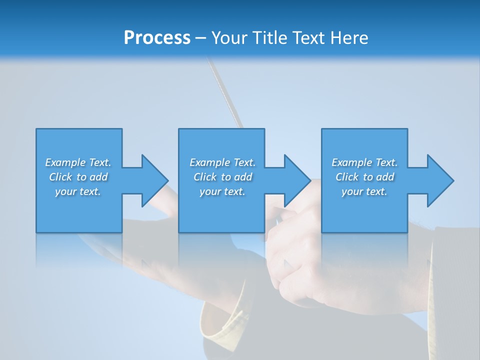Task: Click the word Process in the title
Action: click(157, 38)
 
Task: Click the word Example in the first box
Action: click(65, 162)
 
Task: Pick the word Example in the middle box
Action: click(210, 162)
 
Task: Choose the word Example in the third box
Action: click(352, 162)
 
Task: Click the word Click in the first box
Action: click(60, 177)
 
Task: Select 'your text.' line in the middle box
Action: click(222, 191)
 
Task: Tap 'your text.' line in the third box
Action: click(364, 191)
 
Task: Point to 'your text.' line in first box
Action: click(78, 191)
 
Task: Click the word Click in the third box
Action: click(347, 177)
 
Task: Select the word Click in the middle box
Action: click(205, 177)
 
